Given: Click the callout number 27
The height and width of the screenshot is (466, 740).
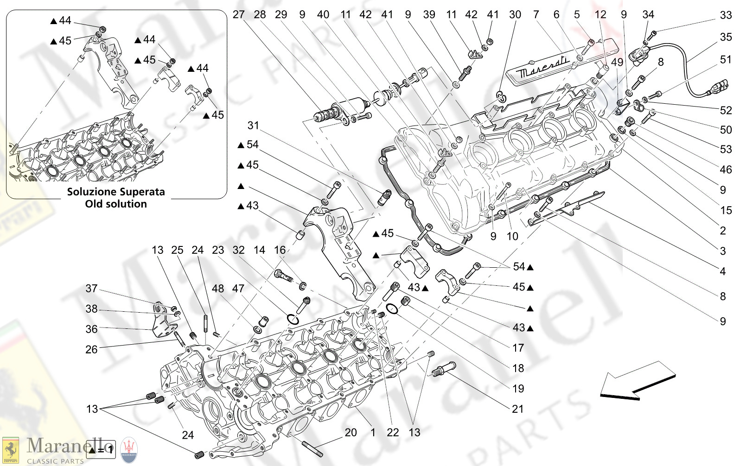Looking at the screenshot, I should point(238,14).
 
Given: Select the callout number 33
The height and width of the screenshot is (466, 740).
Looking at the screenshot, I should point(726,15).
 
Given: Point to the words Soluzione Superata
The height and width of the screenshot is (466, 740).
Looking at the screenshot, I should point(116,192).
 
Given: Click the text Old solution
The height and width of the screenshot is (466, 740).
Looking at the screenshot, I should point(116,204).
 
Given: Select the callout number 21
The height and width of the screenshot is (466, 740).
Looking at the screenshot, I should point(517,409).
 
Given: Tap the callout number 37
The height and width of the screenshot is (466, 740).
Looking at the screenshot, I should point(91,289).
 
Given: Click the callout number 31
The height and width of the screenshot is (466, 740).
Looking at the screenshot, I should point(253,126).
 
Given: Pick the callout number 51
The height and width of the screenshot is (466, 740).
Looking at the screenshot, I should point(726,60).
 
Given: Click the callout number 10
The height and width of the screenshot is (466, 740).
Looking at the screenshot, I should point(512,237).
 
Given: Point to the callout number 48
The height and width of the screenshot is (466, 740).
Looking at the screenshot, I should point(218,289).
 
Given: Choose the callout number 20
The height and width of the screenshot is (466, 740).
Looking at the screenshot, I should point(351,433).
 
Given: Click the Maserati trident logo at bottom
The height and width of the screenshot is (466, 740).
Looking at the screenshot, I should point(129,450).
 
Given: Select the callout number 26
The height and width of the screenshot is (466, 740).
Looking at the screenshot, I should point(91,350).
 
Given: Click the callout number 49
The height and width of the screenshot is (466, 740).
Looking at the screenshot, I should point(617,62).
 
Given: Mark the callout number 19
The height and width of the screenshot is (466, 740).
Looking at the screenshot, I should point(518,389).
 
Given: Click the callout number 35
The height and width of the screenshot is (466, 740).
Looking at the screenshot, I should point(726,37).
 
